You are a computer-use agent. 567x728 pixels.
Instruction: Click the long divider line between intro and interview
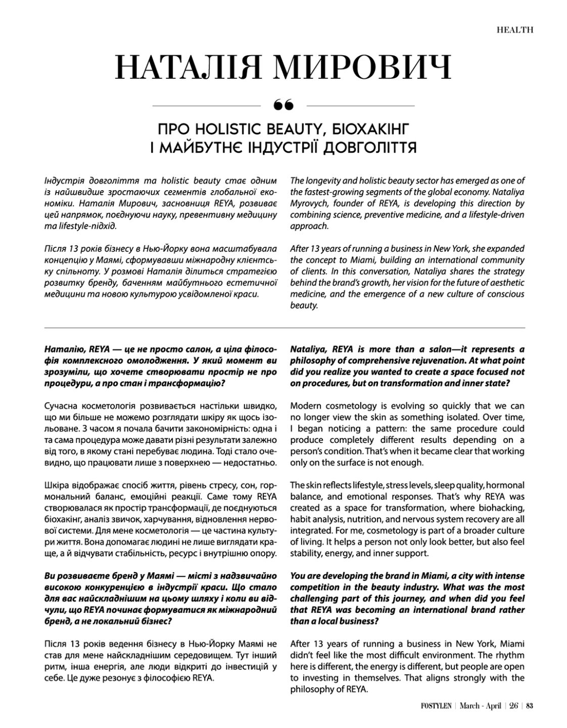point(283,328)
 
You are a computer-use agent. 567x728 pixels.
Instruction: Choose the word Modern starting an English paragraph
point(307,406)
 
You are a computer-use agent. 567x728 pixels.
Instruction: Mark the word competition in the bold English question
point(315,587)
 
